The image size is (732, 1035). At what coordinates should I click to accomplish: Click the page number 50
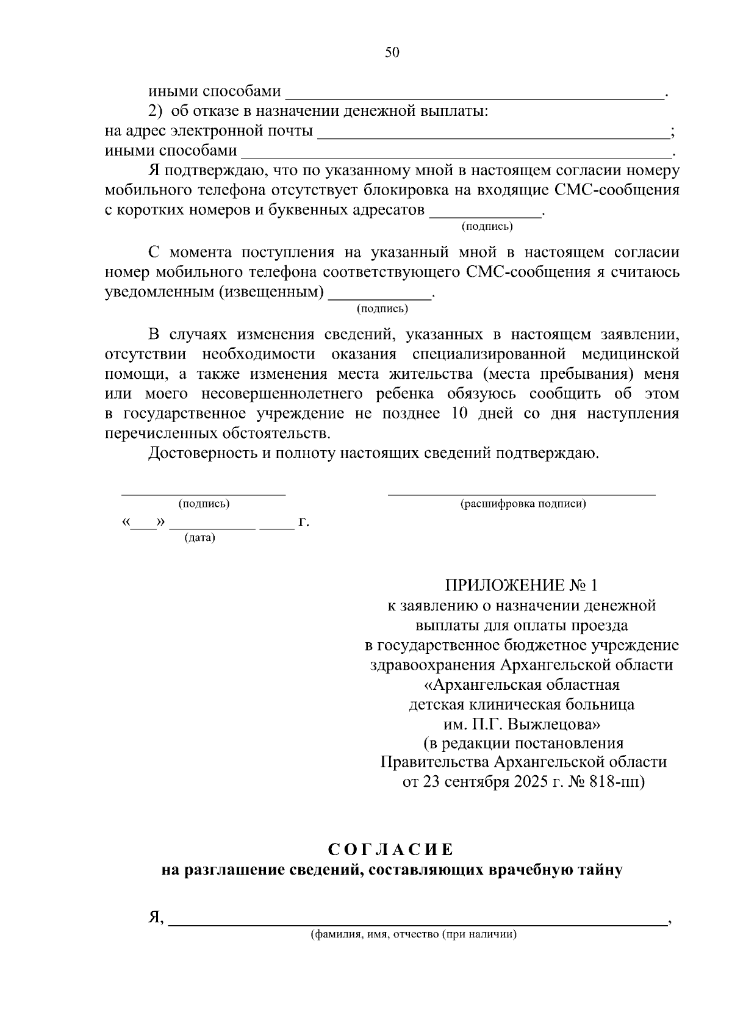392,52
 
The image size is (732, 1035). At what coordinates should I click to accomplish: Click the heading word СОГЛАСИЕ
391,850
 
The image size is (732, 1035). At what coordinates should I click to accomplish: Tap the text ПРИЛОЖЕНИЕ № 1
522,586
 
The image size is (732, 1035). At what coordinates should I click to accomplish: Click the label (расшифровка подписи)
523,504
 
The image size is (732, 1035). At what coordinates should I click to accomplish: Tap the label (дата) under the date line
200,539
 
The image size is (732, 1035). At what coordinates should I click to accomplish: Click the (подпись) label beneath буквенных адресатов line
487,227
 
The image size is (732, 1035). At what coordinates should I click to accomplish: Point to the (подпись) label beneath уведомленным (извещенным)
382,309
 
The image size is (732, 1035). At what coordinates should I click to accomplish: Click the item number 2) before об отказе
157,112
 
